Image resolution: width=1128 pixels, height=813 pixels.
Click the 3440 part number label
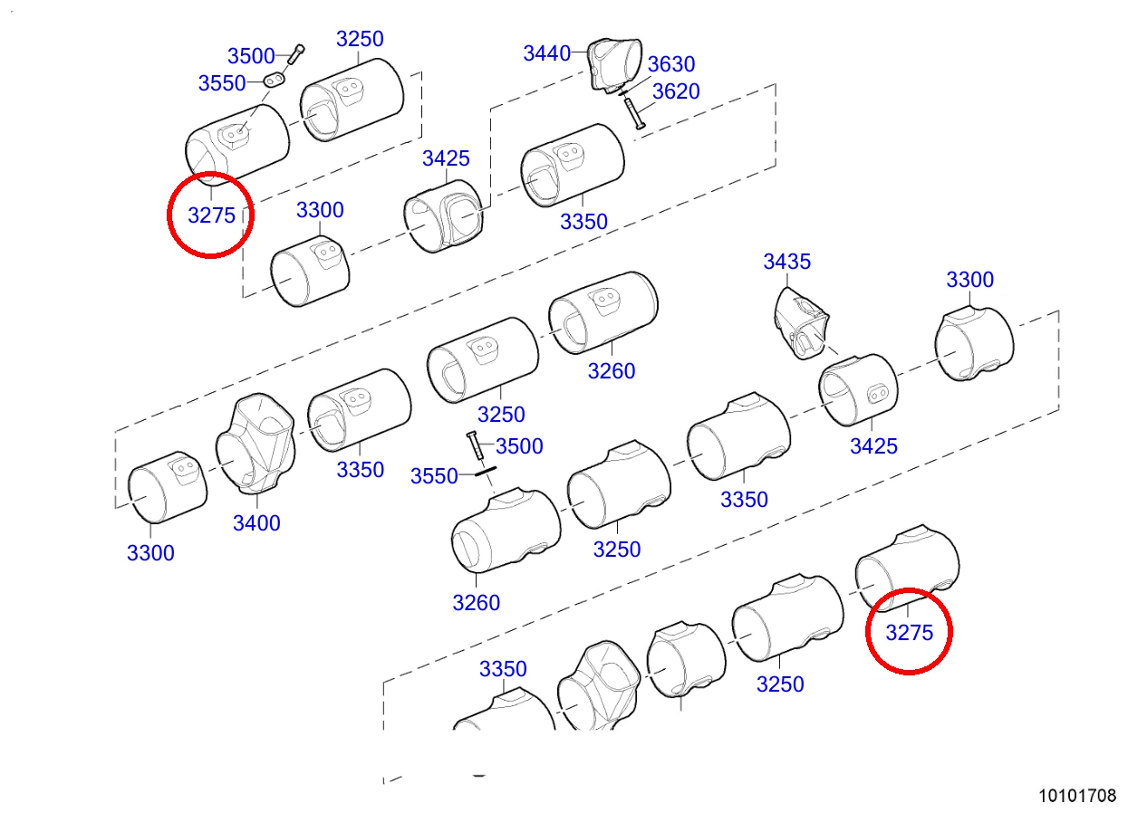[x=546, y=53]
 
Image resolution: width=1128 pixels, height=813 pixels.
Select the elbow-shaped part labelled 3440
[x=615, y=64]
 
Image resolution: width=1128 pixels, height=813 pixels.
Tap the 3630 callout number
[x=670, y=64]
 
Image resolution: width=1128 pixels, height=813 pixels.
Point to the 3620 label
[x=676, y=91]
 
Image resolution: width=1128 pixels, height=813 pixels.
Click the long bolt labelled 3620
[x=634, y=113]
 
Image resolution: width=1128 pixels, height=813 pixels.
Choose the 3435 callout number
[x=786, y=262]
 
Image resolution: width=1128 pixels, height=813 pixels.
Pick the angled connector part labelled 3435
[x=801, y=323]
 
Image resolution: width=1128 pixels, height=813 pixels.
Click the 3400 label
[x=256, y=523]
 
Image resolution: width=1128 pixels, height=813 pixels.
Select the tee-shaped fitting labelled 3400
[x=255, y=444]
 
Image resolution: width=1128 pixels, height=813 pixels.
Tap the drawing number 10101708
[x=1077, y=796]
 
